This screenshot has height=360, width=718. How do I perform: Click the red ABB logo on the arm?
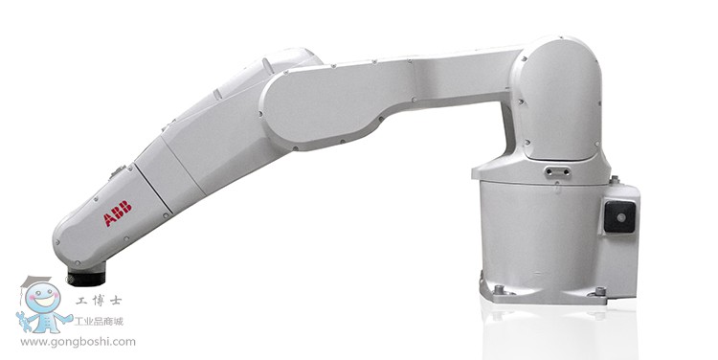coord(118,214)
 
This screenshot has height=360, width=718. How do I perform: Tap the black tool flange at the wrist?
coord(86,278)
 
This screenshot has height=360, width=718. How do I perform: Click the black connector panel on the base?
coord(619,216)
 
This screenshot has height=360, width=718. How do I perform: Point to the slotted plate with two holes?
coord(557,172)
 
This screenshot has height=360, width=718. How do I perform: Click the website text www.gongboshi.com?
coord(78,342)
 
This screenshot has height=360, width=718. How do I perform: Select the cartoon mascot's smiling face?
coord(42,299)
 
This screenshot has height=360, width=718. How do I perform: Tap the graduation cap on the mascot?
coord(34,281)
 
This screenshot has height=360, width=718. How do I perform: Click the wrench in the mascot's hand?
coord(23,321)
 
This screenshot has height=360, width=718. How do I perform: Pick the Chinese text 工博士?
coord(99,301)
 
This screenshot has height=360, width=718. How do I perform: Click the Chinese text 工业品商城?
coord(99,322)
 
